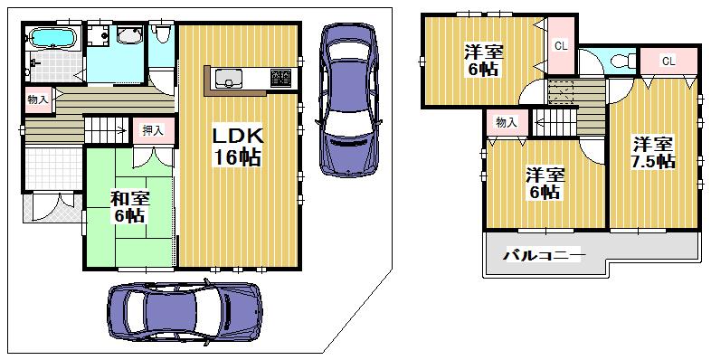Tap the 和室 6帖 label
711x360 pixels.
click(x=129, y=207)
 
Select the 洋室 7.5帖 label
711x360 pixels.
click(x=652, y=152)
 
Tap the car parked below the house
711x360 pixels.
click(x=184, y=312)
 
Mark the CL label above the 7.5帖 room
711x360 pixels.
click(x=668, y=61)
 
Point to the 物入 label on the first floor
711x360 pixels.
click(x=38, y=99)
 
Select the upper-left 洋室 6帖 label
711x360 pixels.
click(x=477, y=59)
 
